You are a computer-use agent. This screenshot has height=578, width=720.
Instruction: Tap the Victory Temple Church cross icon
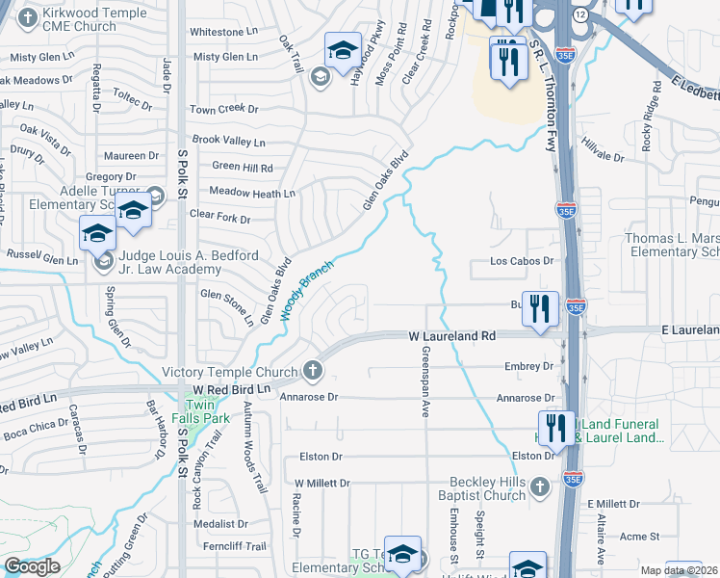(312, 370)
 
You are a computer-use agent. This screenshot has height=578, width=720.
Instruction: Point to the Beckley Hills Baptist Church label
(490, 488)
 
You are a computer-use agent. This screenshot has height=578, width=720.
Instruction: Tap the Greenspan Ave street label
(424, 387)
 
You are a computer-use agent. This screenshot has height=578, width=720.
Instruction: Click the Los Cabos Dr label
(524, 260)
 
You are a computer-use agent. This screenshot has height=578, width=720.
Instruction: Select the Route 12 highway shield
(579, 16)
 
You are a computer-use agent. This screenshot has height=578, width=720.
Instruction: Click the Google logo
(32, 566)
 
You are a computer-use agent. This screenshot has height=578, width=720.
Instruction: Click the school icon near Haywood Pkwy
(341, 50)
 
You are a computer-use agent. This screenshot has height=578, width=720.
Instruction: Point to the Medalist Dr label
(220, 524)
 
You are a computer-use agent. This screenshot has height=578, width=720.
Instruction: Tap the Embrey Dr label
(529, 367)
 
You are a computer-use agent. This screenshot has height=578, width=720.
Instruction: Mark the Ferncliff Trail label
(238, 546)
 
